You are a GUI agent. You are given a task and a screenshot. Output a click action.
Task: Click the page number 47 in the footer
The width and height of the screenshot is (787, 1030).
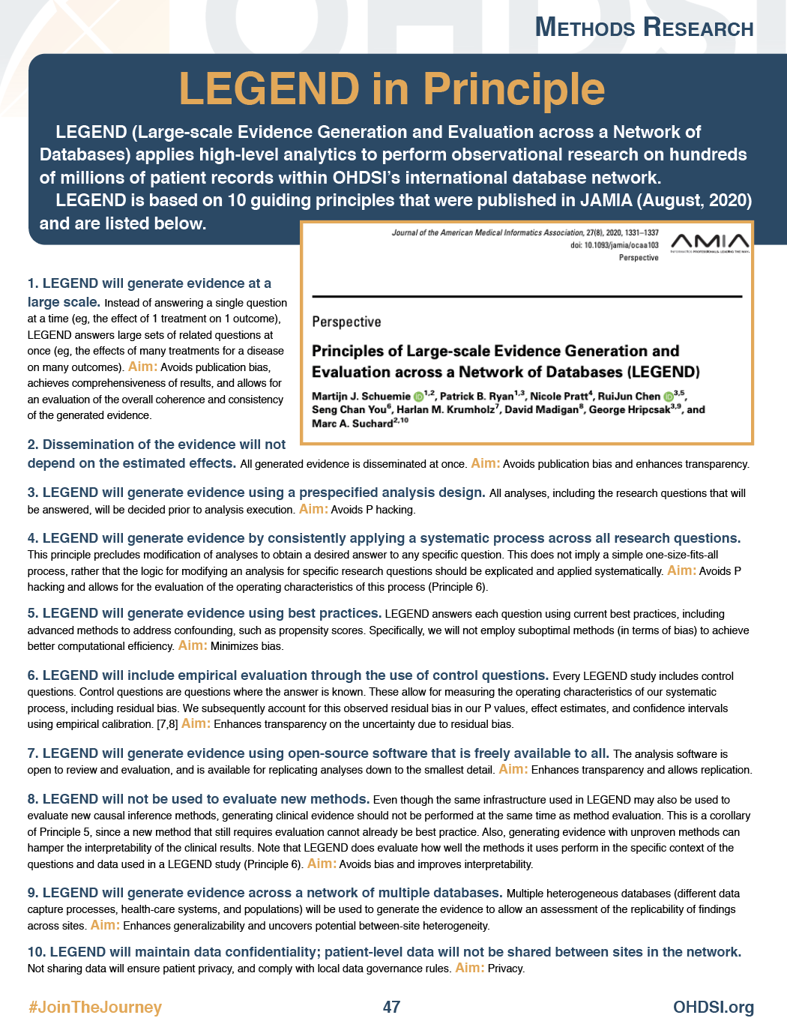391,1007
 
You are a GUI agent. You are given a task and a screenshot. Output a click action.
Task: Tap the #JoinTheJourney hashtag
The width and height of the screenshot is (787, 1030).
95,1007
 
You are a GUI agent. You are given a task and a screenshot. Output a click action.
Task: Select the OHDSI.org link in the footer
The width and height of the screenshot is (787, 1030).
713,1007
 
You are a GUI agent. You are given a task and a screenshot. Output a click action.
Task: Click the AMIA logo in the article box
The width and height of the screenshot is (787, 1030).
709,242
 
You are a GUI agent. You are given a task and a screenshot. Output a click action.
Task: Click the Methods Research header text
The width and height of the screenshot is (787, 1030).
644,28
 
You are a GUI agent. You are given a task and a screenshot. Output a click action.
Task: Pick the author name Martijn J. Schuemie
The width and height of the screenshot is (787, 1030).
361,396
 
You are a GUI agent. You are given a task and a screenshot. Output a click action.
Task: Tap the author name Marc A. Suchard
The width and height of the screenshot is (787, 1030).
352,424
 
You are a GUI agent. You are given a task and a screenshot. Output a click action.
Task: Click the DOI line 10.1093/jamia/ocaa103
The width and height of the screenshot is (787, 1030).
614,245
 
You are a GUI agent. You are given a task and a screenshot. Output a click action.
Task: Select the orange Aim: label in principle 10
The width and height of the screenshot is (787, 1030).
469,968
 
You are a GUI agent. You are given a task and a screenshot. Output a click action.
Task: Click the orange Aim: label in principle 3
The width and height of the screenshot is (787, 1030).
313,509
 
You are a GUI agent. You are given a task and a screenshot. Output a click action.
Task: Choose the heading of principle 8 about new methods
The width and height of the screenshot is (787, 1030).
199,799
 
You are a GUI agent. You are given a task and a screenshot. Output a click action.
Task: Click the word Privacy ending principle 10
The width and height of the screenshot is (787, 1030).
506,969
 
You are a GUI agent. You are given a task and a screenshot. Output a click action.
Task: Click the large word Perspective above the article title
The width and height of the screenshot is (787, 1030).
346,322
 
